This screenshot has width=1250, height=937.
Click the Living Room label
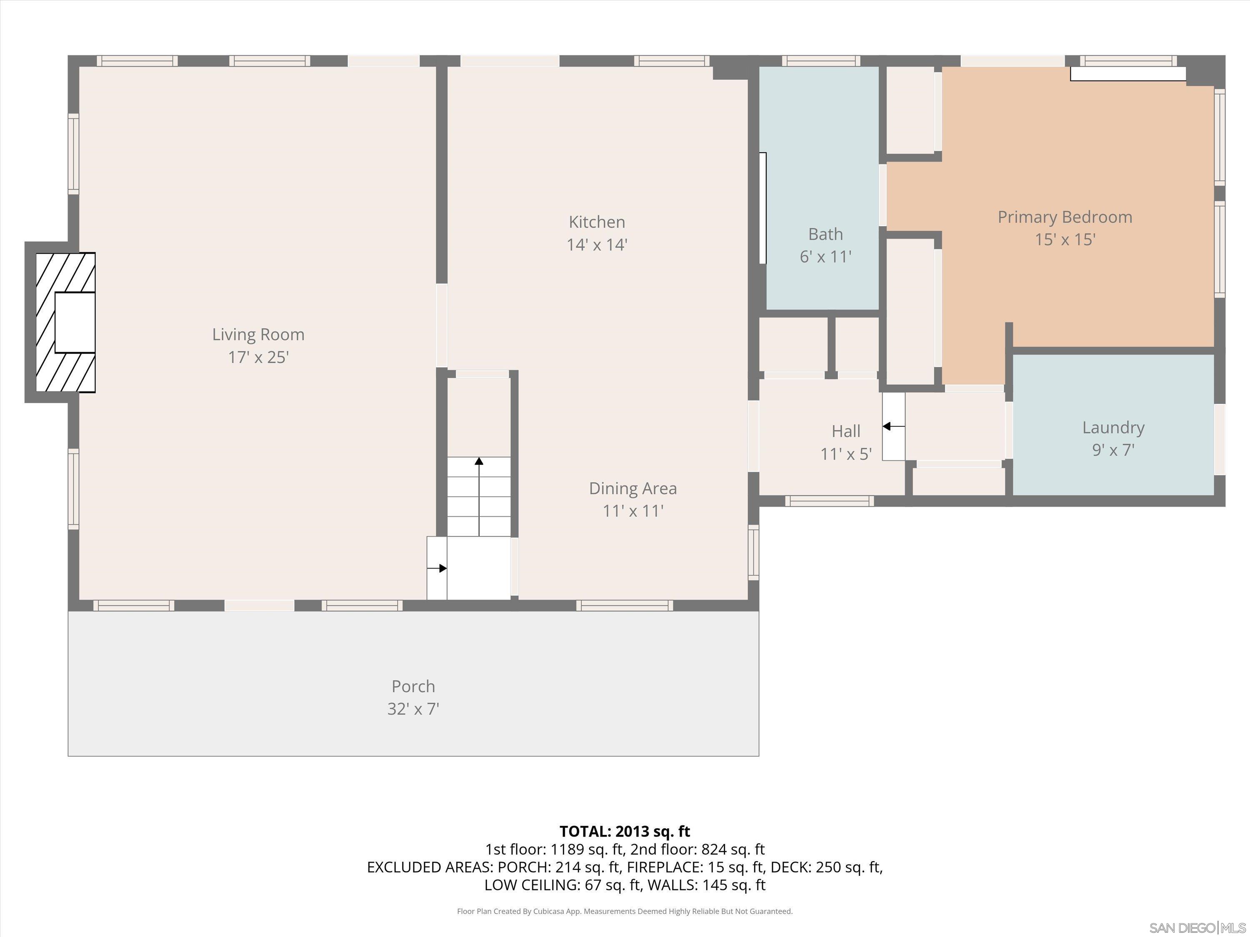tap(258, 334)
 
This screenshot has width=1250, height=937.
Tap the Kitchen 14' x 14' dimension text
tap(597, 244)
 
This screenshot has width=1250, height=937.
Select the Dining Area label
tap(632, 488)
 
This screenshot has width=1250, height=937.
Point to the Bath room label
tap(825, 234)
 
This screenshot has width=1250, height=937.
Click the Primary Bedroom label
tap(1065, 217)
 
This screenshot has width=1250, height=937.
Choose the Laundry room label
tap(1112, 428)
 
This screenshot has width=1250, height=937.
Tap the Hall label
tap(845, 431)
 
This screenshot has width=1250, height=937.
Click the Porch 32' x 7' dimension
tap(413, 709)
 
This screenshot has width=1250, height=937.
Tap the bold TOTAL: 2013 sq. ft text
tap(625, 831)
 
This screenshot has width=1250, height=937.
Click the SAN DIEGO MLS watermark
tap(1197, 928)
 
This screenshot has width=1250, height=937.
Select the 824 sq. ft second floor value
tap(732, 850)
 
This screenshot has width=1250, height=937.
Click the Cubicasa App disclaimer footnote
tap(625, 911)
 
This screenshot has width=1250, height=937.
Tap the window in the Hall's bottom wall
tap(829, 501)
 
